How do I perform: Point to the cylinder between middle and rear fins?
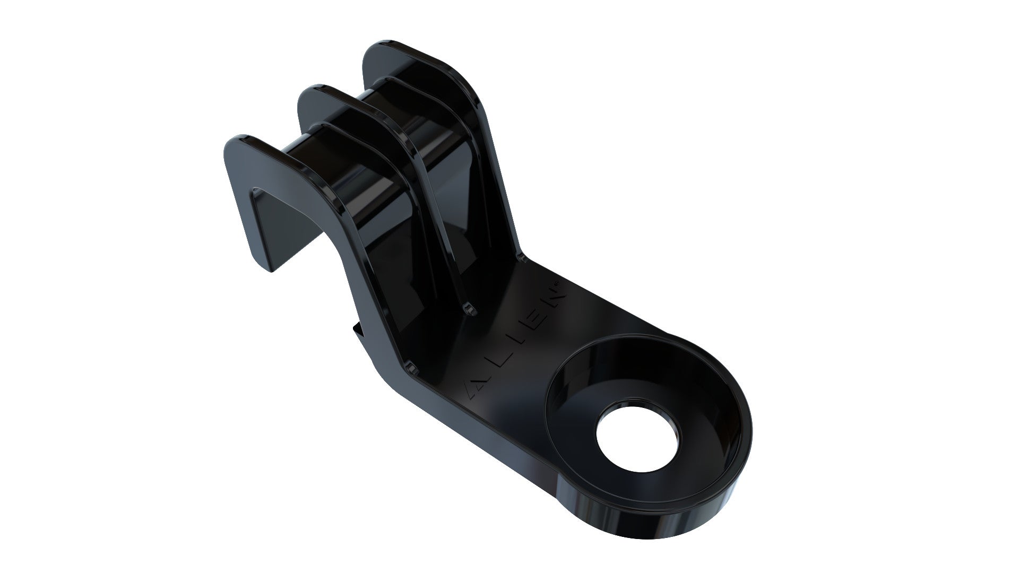(382, 106)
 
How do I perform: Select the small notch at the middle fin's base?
(468, 309)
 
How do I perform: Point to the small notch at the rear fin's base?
(521, 258)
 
